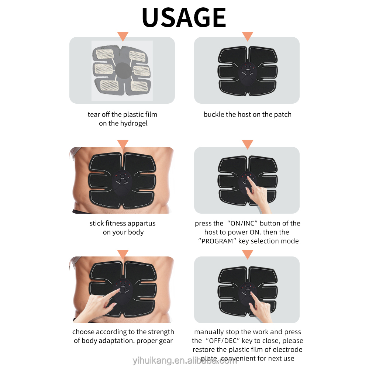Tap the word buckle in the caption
(x=214, y=114)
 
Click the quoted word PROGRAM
(x=217, y=241)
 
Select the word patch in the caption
(x=283, y=114)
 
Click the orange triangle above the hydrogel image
(x=123, y=36)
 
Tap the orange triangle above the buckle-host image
(x=247, y=36)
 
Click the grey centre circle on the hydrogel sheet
(x=122, y=69)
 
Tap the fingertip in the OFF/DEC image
(x=251, y=293)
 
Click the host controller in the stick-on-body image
(x=122, y=182)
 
